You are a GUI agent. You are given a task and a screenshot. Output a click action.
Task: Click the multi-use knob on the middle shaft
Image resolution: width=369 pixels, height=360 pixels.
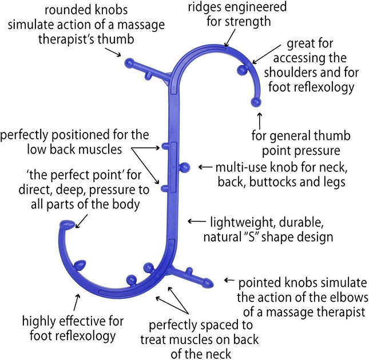tap(184, 167)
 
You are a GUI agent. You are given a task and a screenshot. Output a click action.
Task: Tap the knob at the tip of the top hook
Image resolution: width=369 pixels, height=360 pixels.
tap(256, 103)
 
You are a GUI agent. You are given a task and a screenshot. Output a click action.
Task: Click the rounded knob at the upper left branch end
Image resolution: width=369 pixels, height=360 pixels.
tap(129, 61)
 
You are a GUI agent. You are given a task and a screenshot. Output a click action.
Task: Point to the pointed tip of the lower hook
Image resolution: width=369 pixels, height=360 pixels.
tap(66, 225)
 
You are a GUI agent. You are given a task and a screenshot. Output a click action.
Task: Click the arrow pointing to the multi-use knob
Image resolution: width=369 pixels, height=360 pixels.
tap(204, 167)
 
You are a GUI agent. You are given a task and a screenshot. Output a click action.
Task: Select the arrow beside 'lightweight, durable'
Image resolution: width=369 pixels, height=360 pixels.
tap(197, 221)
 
